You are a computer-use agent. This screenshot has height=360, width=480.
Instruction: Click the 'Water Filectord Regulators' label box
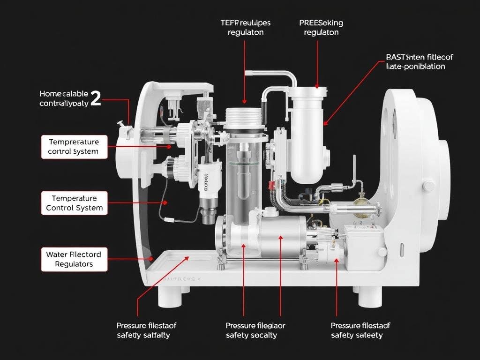point(74,259)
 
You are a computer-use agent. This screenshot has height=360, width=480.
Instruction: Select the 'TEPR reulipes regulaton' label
point(246,28)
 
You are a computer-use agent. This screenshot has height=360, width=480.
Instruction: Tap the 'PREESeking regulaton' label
point(321,28)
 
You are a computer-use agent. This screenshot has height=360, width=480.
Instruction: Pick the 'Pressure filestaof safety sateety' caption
point(360,330)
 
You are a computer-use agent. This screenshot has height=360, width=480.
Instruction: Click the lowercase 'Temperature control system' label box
point(74,147)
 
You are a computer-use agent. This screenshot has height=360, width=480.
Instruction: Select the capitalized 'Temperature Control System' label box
point(74,203)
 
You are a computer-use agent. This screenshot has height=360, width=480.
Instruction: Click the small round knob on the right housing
point(428,186)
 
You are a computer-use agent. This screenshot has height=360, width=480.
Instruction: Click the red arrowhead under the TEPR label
point(244,101)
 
